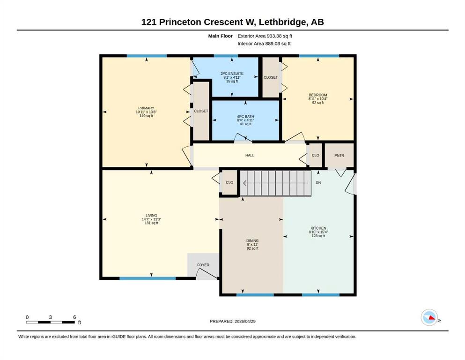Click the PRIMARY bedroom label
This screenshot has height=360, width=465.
[x=146, y=108]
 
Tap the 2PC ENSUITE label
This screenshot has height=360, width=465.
[x=232, y=74]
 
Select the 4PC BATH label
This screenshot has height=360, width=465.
[x=245, y=117]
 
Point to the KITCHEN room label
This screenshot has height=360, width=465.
[x=318, y=228]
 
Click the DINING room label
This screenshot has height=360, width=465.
[x=252, y=240]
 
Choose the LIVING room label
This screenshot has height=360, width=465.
[x=151, y=216]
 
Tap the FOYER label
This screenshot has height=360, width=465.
[x=203, y=265]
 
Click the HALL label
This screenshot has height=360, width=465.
[x=250, y=155]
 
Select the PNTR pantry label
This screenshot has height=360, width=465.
[x=339, y=156]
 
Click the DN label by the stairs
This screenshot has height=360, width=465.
[x=318, y=183]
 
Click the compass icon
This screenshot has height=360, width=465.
[x=429, y=317]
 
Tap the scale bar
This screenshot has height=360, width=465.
[x=51, y=322]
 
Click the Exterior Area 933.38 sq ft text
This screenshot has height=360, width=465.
[x=265, y=36]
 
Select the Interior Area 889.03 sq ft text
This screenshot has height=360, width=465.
[x=264, y=44]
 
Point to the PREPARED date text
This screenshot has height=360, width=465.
[x=232, y=321]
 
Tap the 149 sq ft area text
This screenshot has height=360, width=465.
[x=146, y=116]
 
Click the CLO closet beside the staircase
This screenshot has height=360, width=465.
[x=229, y=182]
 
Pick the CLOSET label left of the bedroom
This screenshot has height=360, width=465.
[x=271, y=77]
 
